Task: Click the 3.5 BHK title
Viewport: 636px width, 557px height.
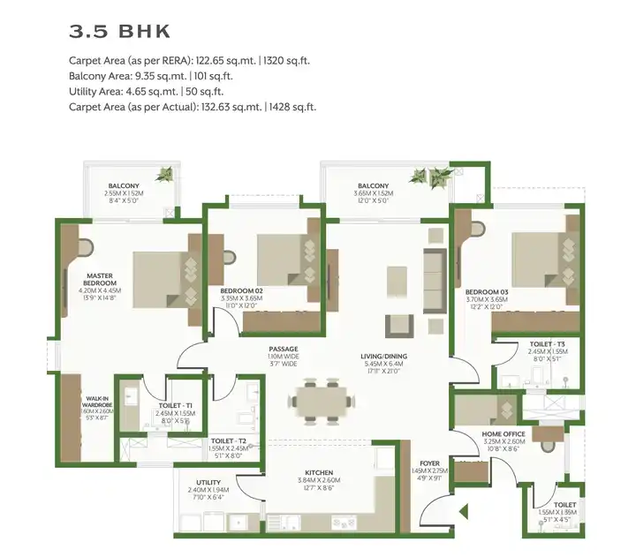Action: tap(119, 32)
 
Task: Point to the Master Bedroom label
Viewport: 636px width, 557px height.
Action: tap(102, 278)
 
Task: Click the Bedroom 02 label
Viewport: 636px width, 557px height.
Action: tap(241, 290)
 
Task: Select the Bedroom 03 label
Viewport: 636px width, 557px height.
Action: tap(487, 290)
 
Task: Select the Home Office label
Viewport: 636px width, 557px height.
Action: tap(504, 434)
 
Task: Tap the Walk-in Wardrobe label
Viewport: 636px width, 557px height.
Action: tap(96, 380)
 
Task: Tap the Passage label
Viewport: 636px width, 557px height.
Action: tap(284, 349)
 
